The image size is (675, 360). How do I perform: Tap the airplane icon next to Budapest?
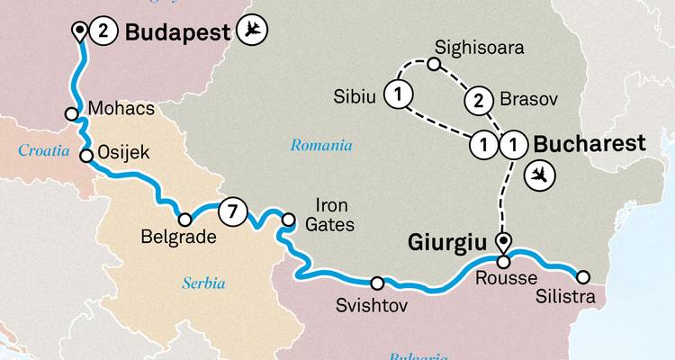(x=255, y=32)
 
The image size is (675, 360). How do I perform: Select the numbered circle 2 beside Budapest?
(x=103, y=32)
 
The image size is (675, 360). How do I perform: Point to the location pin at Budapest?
(x=80, y=33)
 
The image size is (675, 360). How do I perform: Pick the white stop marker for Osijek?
(x=86, y=156)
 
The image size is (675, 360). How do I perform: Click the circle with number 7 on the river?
(x=231, y=214)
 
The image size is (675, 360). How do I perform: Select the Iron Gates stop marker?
(x=288, y=219)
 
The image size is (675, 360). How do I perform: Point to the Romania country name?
(x=321, y=145)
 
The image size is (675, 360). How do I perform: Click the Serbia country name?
(x=202, y=283)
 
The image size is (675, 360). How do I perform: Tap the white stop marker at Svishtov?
(x=377, y=282)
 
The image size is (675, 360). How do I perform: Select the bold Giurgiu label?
(x=447, y=242)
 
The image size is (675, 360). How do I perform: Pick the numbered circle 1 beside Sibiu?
(x=397, y=92)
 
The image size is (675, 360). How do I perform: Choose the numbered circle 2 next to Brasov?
(x=478, y=100)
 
